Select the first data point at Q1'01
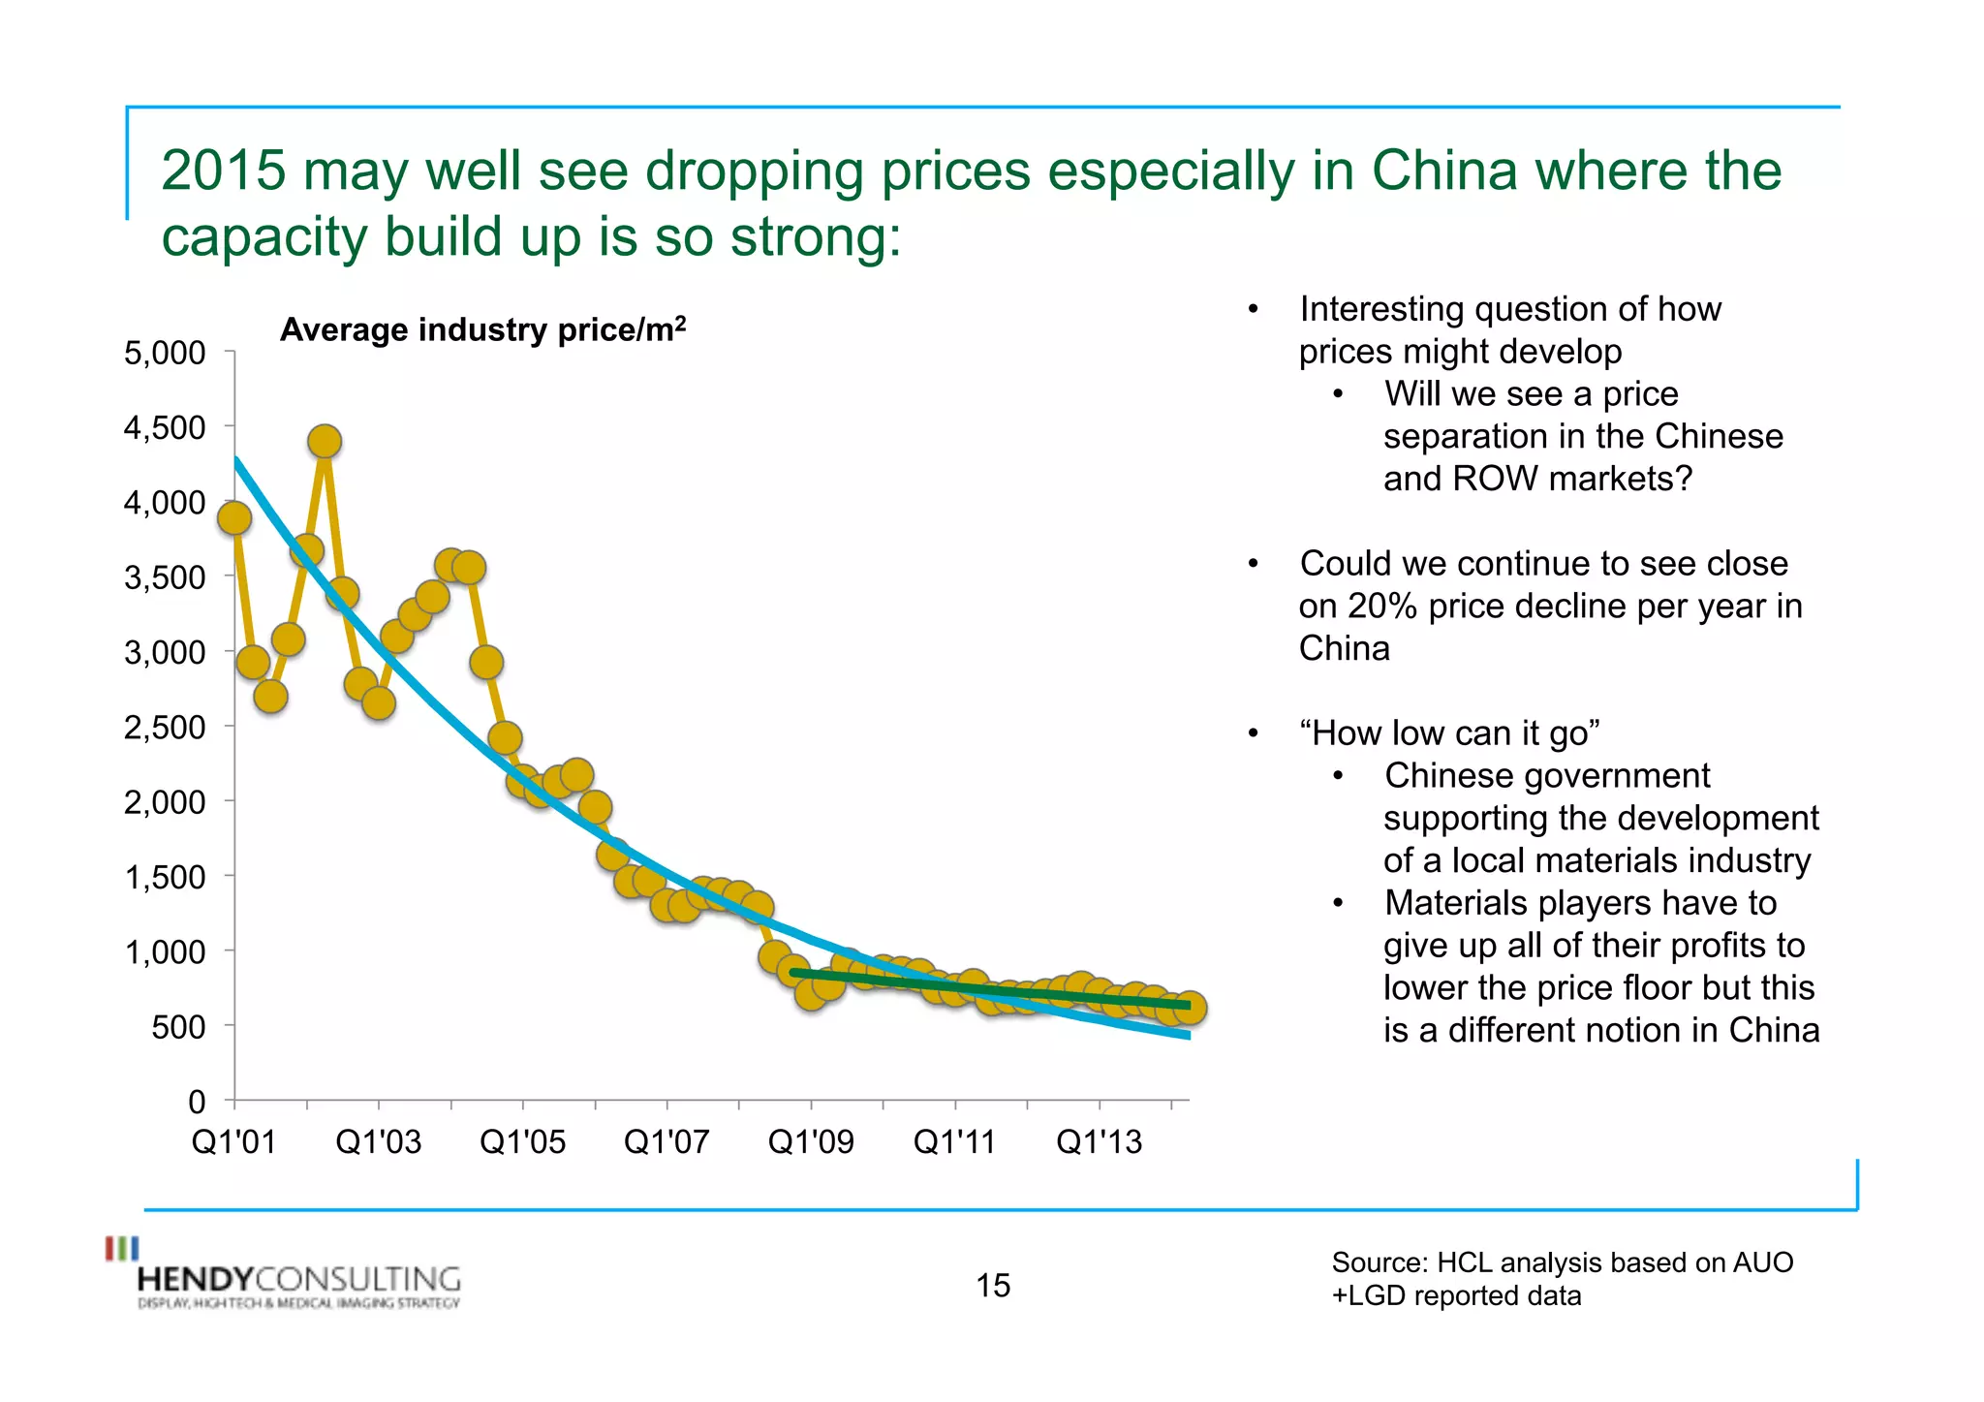[x=234, y=518]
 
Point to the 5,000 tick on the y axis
[x=230, y=352]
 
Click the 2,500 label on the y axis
[x=165, y=727]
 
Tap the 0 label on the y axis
[x=197, y=1102]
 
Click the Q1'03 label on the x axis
[x=378, y=1142]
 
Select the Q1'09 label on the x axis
[x=811, y=1142]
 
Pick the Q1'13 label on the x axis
[x=1099, y=1142]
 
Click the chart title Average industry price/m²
[x=482, y=330]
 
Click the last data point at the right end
[x=1190, y=1009]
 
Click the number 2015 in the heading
[x=223, y=171]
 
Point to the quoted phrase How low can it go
[x=1449, y=733]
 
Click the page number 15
[x=993, y=1286]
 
